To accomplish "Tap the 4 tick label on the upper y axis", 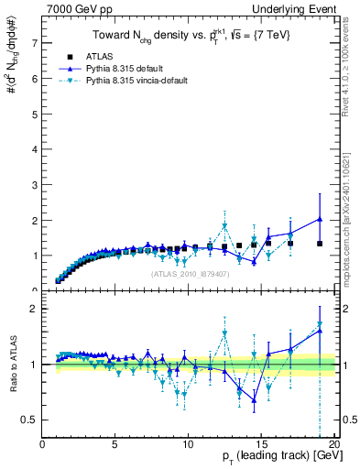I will pos(33,149).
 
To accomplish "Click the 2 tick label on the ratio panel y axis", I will pos(33,309).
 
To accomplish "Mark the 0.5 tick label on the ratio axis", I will pos(28,420).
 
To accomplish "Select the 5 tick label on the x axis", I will pos(115,445).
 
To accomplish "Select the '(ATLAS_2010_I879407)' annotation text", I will pos(189,274).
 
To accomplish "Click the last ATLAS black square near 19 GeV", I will pos(320,244).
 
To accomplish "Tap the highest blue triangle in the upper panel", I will pos(320,219).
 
